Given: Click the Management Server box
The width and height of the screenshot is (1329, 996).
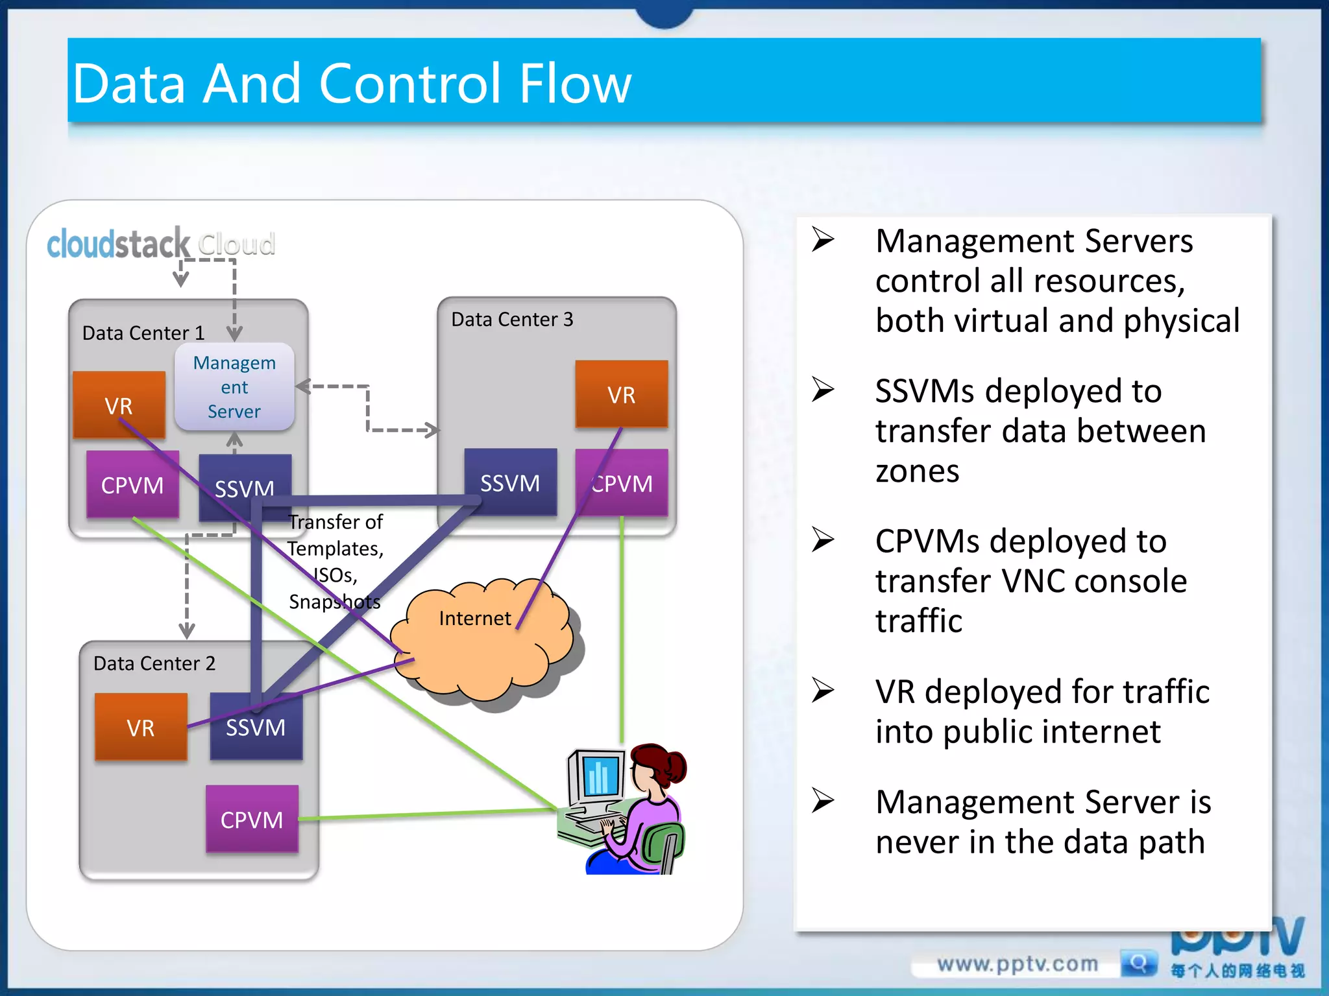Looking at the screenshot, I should point(234,387).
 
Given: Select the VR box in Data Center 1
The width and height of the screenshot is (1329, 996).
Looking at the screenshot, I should point(119,405).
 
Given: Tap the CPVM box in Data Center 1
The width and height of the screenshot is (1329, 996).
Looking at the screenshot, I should point(132,484).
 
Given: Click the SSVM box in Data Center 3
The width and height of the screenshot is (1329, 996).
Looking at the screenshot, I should point(510,482).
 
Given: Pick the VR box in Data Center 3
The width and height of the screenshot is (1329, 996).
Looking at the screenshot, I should point(621,394).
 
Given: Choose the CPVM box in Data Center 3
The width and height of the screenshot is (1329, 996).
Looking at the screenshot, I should point(622,483).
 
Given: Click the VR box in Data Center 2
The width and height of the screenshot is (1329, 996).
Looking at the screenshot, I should point(141,727).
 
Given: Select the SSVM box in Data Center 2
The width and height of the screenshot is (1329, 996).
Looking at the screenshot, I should point(256,727).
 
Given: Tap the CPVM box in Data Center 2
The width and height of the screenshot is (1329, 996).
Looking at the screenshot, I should point(252,819).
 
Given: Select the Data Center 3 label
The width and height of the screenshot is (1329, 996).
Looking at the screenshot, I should point(512,319).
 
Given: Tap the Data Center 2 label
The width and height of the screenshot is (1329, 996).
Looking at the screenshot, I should point(154,663).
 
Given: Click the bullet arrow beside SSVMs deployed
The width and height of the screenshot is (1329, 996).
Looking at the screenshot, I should point(823,390).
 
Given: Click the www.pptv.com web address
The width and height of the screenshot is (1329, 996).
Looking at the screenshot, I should point(1017,964).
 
